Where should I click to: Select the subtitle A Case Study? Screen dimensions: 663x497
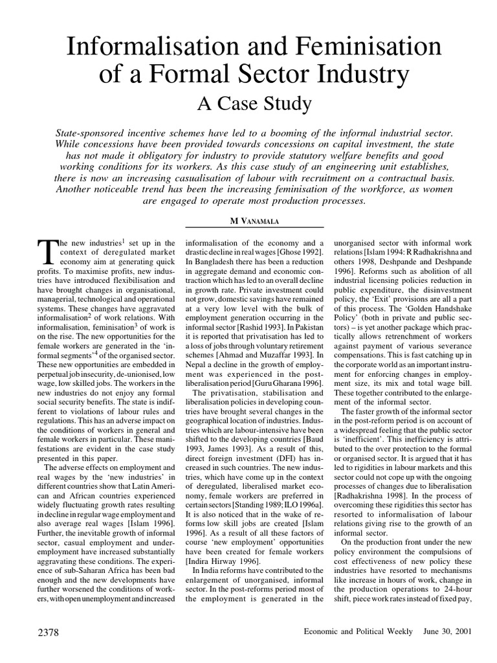pyautogui.click(x=248, y=102)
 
